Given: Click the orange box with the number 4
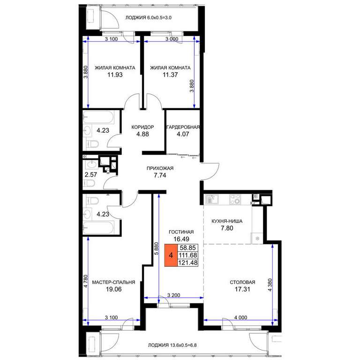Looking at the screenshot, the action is click(x=171, y=255).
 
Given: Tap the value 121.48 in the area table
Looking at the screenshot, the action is click(x=188, y=262).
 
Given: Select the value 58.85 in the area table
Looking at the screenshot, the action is click(x=188, y=247).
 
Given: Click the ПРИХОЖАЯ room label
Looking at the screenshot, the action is click(x=160, y=168).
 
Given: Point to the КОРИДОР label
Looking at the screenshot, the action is click(x=142, y=127).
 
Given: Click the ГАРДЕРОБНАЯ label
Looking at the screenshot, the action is click(x=183, y=127).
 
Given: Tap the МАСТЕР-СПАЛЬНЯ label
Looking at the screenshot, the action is click(x=113, y=282).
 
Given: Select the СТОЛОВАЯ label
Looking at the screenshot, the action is click(x=242, y=282).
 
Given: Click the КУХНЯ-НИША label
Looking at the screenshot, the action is click(x=227, y=221).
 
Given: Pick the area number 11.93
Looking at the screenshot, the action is click(x=115, y=75).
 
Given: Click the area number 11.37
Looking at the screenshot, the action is click(x=170, y=75).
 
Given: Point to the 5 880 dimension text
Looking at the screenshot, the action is click(x=157, y=248).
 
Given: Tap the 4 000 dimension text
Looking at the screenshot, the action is click(x=240, y=317).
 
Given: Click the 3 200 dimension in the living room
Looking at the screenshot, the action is click(x=173, y=295).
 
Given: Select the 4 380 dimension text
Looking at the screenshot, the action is click(x=270, y=285).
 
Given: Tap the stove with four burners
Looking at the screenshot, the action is click(x=235, y=199).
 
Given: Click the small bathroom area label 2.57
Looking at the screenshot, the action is click(x=90, y=175).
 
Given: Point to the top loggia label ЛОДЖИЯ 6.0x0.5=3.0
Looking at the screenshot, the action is click(x=148, y=18).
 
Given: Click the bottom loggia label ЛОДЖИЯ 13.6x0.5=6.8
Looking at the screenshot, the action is click(x=172, y=345).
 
